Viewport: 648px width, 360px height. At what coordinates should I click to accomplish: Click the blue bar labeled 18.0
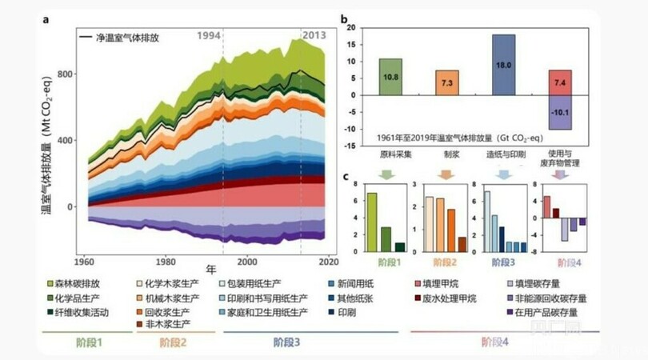pyautogui.click(x=503, y=65)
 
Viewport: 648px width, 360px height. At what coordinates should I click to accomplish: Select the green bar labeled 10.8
pyautogui.click(x=390, y=77)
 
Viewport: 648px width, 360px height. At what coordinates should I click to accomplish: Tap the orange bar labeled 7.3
pyautogui.click(x=447, y=83)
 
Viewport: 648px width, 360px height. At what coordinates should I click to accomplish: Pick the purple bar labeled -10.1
pyautogui.click(x=560, y=112)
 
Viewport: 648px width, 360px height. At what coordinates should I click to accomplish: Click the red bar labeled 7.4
pyautogui.click(x=560, y=82)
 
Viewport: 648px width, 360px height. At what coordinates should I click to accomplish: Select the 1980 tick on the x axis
pyautogui.click(x=165, y=262)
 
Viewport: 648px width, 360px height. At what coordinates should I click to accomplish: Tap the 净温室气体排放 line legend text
pyautogui.click(x=131, y=37)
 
